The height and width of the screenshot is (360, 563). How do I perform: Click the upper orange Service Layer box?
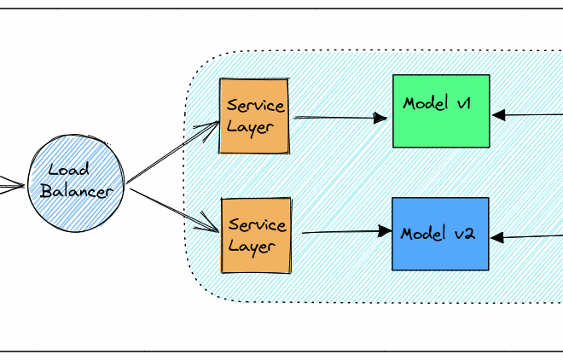click(x=254, y=116)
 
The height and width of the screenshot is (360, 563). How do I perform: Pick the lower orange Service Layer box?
click(x=255, y=235)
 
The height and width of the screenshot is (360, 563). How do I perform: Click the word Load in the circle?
click(x=69, y=170)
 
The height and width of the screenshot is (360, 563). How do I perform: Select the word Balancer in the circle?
click(x=77, y=191)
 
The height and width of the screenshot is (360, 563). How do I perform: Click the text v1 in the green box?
click(x=464, y=103)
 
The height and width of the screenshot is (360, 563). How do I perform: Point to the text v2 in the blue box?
click(x=463, y=233)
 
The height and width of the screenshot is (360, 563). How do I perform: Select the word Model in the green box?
click(x=426, y=103)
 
